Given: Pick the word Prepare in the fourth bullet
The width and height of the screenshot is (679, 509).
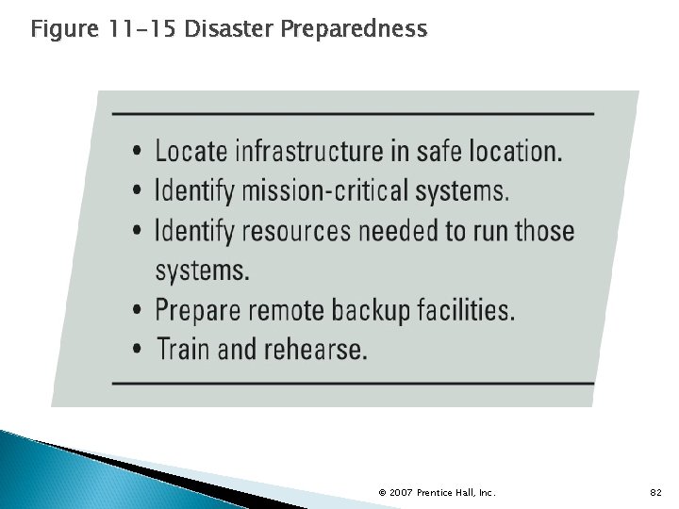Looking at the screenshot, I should (x=199, y=310).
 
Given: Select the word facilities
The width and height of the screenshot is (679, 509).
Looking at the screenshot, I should (x=466, y=310).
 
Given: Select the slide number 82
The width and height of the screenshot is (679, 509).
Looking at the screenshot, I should (x=655, y=492).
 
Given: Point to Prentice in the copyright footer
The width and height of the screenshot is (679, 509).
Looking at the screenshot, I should (x=437, y=492).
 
